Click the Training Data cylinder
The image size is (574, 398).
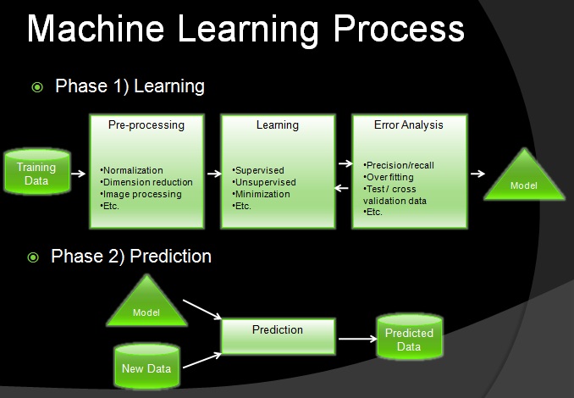(x=37, y=171)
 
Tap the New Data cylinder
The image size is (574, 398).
(x=146, y=366)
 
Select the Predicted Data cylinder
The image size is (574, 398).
(x=410, y=336)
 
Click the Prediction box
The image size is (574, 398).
(x=279, y=336)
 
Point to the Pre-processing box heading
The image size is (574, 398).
(x=146, y=125)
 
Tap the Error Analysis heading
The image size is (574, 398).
(x=409, y=125)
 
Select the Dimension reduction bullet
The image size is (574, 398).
(x=146, y=182)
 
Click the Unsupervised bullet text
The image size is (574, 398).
(x=264, y=182)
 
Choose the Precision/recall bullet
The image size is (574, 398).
(x=399, y=165)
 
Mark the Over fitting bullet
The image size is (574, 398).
(x=389, y=177)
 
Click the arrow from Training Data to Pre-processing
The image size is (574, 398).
(x=79, y=174)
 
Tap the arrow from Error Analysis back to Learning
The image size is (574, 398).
(x=341, y=188)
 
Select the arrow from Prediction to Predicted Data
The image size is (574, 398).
(x=357, y=339)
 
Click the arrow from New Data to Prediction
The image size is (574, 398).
(x=202, y=360)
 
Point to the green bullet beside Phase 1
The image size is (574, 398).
(x=37, y=87)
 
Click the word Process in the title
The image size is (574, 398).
(x=399, y=30)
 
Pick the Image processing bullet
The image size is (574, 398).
(x=141, y=195)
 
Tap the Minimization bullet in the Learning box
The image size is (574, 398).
(x=261, y=194)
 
